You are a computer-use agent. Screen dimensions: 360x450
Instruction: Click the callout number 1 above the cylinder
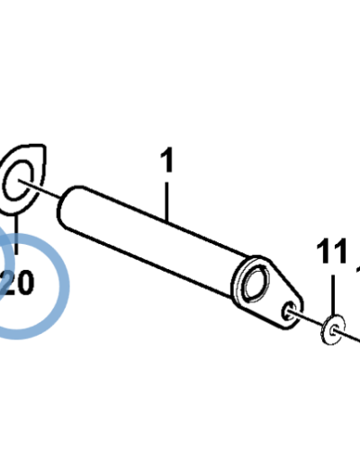pyautogui.click(x=167, y=160)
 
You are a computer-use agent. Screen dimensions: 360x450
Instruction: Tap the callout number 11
pyautogui.click(x=331, y=251)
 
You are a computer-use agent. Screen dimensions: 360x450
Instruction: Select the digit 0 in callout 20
pyautogui.click(x=23, y=283)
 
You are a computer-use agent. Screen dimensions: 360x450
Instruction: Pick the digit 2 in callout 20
pyautogui.click(x=6, y=283)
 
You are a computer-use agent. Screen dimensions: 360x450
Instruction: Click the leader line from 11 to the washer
pyautogui.click(x=333, y=295)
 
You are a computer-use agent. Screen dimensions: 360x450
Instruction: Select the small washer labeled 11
pyautogui.click(x=333, y=329)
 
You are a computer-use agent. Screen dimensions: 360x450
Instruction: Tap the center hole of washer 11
pyautogui.click(x=333, y=331)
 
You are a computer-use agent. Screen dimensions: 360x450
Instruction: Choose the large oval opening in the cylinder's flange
pyautogui.click(x=256, y=282)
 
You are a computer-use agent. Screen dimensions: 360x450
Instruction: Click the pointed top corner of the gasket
pyautogui.click(x=44, y=147)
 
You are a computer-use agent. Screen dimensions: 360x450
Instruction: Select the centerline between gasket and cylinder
pyautogui.click(x=40, y=189)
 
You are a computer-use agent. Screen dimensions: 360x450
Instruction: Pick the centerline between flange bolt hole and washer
pyautogui.click(x=306, y=319)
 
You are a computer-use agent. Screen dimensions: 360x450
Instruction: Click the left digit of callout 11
pyautogui.click(x=323, y=251)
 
